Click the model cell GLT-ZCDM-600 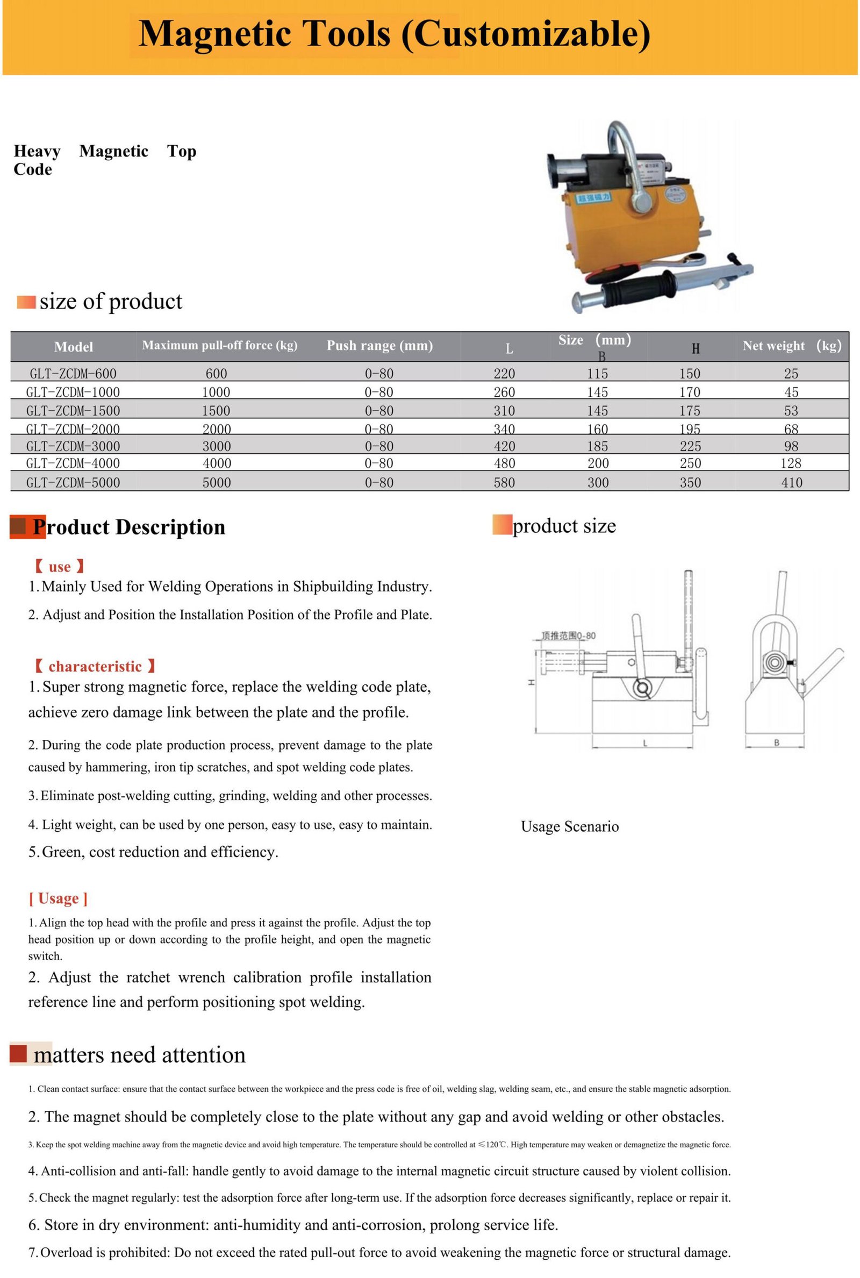click(x=73, y=374)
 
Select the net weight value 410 click(x=791, y=483)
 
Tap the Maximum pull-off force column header click(x=219, y=346)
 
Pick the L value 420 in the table click(x=504, y=446)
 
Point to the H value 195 click(x=690, y=429)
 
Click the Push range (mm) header click(x=379, y=346)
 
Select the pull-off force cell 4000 click(x=217, y=463)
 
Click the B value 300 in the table click(x=598, y=483)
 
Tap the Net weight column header click(x=791, y=346)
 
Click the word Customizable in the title click(x=527, y=34)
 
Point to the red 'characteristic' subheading click(x=95, y=667)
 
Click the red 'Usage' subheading click(x=58, y=898)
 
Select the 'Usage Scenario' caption click(x=569, y=826)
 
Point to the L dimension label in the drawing click(x=645, y=743)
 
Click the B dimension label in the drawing click(x=776, y=742)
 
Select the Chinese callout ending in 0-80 click(x=568, y=636)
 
